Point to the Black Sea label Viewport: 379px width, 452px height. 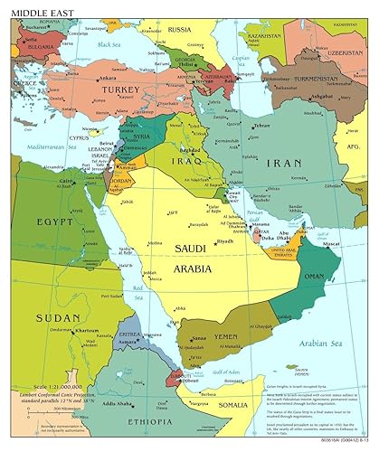click(x=109, y=44)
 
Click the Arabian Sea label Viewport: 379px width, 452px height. click(x=331, y=342)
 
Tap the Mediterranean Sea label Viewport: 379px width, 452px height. click(x=50, y=146)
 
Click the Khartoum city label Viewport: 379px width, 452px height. click(x=87, y=331)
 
